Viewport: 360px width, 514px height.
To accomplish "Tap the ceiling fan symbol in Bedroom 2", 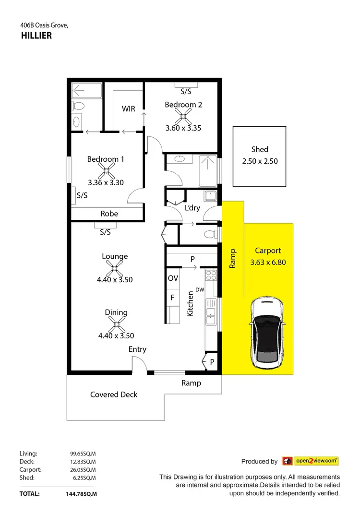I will tap(183, 116).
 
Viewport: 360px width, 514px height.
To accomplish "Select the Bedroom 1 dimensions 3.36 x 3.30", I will tap(106, 182).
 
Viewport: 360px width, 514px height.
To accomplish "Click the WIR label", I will tap(128, 109).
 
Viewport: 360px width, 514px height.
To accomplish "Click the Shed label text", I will tap(260, 149).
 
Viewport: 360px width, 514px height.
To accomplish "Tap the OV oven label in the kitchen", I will tap(173, 278).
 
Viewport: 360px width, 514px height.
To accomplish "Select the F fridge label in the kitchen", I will tap(172, 298).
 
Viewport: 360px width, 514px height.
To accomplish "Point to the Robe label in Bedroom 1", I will tap(109, 214).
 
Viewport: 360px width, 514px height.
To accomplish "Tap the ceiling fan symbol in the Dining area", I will tap(116, 324).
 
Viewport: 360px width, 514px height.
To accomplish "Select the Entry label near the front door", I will tap(137, 349).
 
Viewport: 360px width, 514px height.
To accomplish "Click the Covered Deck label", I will tap(114, 394).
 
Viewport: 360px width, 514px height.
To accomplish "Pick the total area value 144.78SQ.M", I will tap(81, 493).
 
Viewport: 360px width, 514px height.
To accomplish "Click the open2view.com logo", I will tap(311, 461).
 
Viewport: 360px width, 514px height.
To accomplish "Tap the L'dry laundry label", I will tap(192, 208).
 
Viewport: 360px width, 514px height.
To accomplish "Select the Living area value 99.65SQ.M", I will tap(83, 453).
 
